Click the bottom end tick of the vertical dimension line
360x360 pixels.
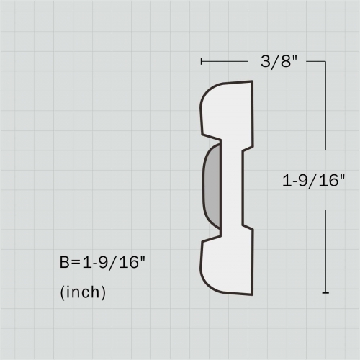[x=326, y=293]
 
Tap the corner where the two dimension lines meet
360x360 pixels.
[x=326, y=63]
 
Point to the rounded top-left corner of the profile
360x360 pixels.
[x=204, y=94]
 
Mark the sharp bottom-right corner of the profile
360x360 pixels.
[x=253, y=294]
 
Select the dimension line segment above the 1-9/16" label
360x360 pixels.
[x=326, y=115]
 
